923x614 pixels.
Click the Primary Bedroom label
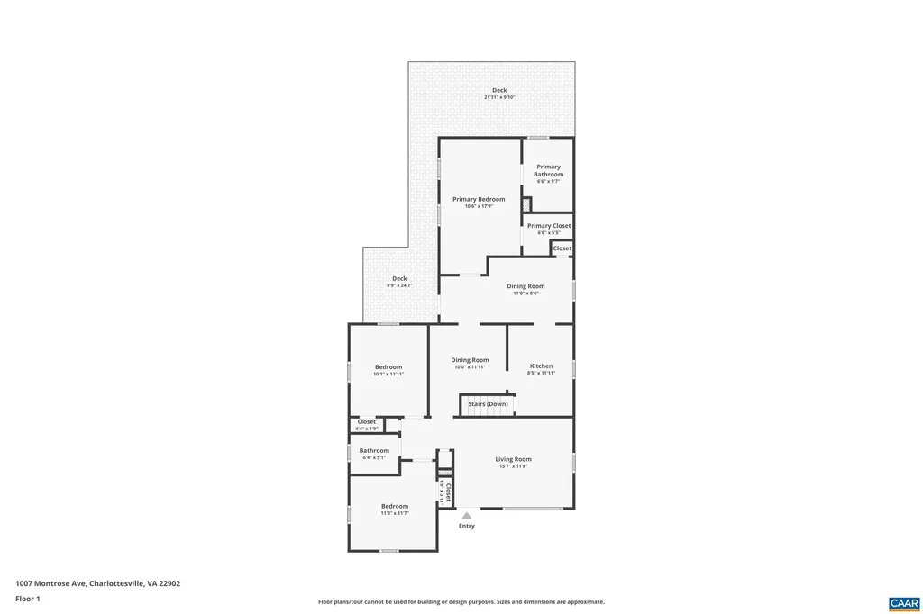point(479,199)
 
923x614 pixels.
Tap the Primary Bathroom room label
point(548,170)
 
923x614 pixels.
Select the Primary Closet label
point(549,226)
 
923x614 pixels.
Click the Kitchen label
point(541,366)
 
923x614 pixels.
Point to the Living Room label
point(513,459)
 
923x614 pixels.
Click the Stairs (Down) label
point(488,404)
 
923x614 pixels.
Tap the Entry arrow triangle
point(466,516)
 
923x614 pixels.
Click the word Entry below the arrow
point(466,526)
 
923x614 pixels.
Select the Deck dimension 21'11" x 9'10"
point(499,97)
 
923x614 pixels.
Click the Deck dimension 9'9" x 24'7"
point(399,285)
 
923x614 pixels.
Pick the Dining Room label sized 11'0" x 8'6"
point(525,286)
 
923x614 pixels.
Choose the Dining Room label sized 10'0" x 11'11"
point(470,360)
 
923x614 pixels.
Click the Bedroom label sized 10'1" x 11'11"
point(388,366)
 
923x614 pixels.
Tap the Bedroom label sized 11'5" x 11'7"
point(395,506)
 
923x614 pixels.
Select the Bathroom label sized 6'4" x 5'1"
point(374,450)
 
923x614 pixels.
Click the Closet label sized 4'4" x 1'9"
point(367,421)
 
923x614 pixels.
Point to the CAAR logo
point(903,602)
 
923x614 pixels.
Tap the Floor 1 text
point(28,599)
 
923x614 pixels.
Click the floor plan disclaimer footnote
point(461,601)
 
